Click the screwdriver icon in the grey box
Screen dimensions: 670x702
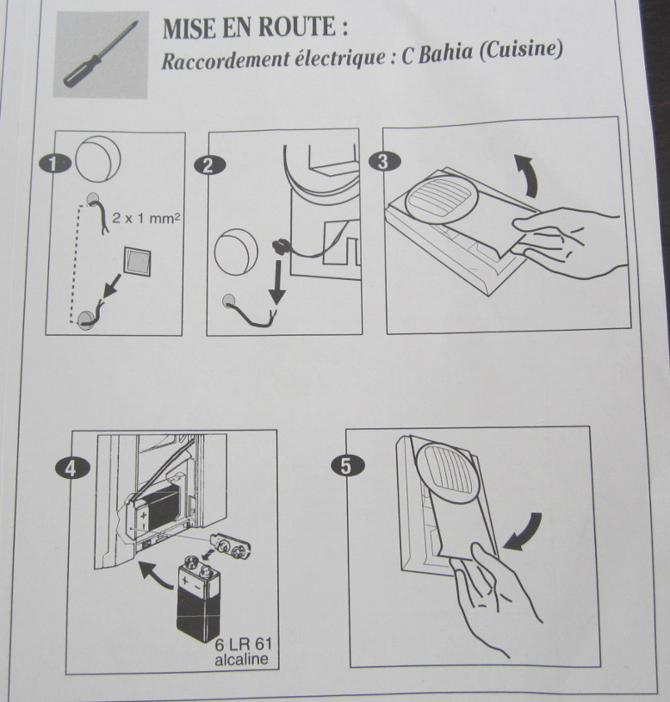[100, 53]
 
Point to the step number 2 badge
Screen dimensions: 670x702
[209, 165]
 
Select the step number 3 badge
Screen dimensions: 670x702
[384, 161]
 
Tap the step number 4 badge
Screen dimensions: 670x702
[72, 469]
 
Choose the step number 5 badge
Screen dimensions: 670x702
[347, 465]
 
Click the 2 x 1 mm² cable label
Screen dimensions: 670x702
[146, 219]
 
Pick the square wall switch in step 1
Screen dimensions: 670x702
[138, 260]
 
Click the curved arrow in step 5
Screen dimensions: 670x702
[525, 533]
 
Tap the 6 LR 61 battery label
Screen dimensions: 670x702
[243, 644]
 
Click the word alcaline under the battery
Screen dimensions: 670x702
[241, 659]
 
